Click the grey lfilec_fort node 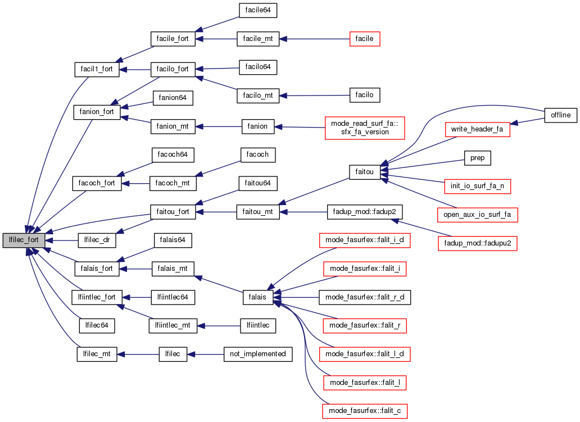24,240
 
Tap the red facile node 365,39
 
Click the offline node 560,115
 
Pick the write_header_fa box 477,129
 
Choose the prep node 477,158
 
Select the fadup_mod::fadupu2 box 477,243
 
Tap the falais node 258,297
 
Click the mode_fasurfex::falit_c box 365,411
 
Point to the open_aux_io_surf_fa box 477,214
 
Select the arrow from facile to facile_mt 314,39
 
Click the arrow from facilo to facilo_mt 314,96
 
